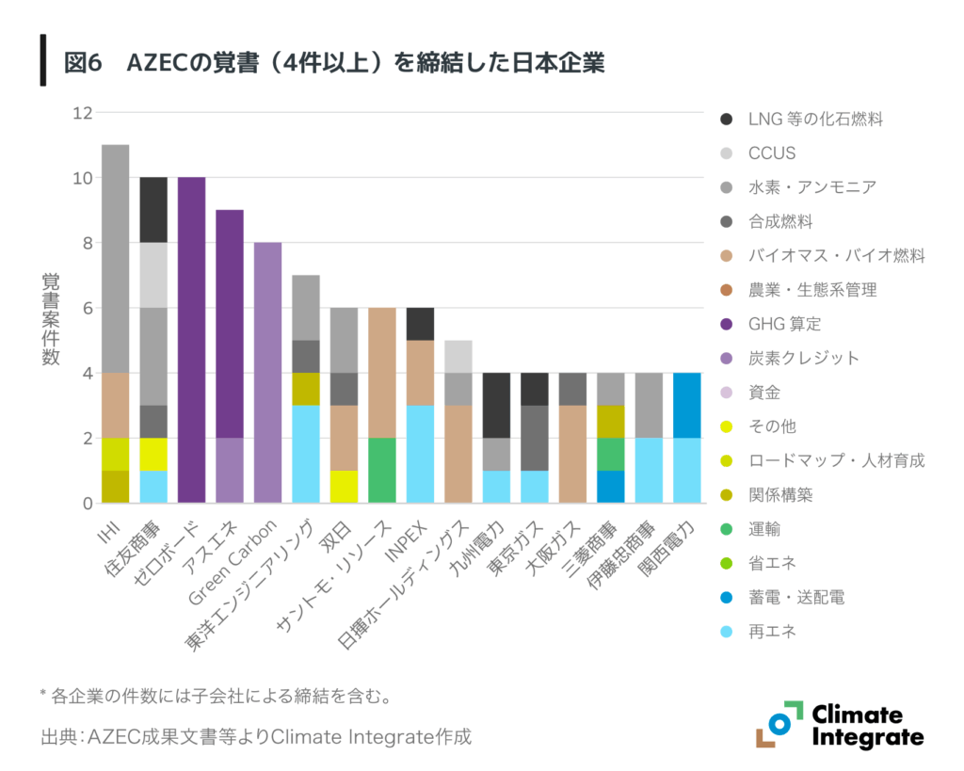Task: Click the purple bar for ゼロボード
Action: point(191,340)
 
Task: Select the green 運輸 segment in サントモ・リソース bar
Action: point(381,471)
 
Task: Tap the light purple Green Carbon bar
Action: point(267,373)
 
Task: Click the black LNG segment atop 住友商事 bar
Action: point(153,210)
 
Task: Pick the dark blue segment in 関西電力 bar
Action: point(686,406)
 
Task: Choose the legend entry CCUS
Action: point(771,153)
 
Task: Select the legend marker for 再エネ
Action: point(726,632)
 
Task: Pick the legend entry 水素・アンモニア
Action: point(811,187)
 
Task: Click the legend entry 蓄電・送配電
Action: point(795,597)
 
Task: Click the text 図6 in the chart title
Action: point(82,63)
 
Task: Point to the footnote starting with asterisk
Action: point(216,697)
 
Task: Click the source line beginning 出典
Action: point(254,736)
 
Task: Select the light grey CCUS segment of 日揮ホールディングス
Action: point(458,357)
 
